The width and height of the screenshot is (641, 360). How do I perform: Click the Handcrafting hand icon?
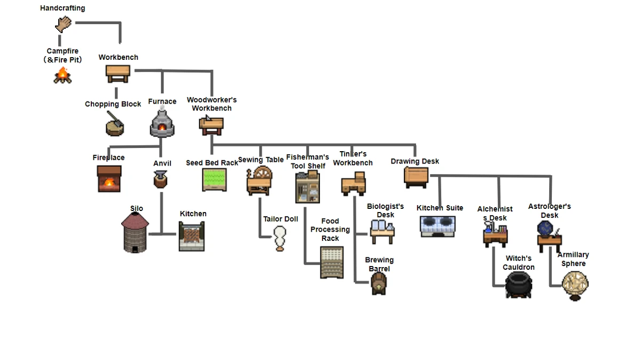(63, 24)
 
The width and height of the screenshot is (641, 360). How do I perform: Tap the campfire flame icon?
(62, 75)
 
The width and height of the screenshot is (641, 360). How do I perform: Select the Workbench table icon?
(118, 74)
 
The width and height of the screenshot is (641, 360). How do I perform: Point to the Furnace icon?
(162, 123)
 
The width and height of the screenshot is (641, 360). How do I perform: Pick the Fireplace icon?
(109, 179)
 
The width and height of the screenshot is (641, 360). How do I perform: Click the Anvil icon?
(161, 179)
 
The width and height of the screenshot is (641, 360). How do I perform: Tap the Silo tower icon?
(135, 232)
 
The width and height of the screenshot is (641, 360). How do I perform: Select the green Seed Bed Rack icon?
(214, 180)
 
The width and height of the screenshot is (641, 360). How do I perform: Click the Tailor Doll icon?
(280, 238)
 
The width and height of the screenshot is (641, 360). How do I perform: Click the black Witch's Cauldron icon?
(519, 285)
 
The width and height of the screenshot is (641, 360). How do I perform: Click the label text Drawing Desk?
(415, 161)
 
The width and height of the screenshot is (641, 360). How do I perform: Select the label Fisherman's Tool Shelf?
(308, 161)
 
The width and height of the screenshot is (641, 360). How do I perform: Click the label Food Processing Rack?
(330, 230)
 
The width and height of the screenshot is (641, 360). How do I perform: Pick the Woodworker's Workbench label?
(212, 104)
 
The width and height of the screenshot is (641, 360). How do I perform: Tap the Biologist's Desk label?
(385, 210)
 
